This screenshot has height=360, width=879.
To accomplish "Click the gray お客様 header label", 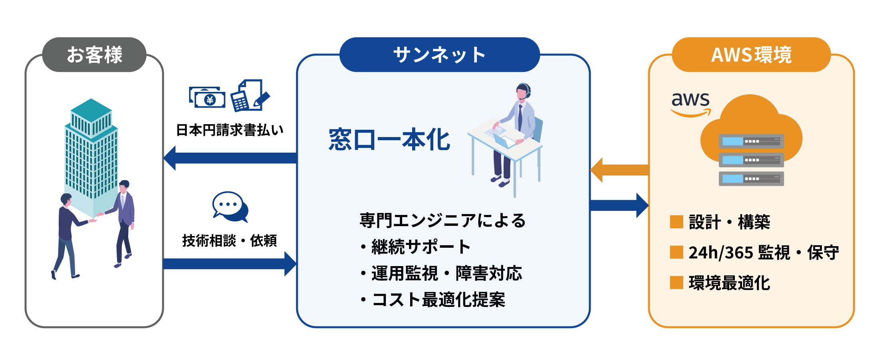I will pyautogui.click(x=94, y=55).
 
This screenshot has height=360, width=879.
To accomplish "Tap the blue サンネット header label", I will pyautogui.click(x=439, y=55).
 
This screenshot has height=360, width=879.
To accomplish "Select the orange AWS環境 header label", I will pyautogui.click(x=751, y=55).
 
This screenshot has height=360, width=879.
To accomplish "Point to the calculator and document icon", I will pyautogui.click(x=250, y=96).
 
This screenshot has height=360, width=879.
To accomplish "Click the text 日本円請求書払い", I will pyautogui.click(x=230, y=130).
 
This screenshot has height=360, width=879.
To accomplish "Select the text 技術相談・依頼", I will pyautogui.click(x=230, y=241).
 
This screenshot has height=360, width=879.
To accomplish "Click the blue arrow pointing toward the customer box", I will pyautogui.click(x=230, y=158).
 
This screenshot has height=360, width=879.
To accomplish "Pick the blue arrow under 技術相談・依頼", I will pyautogui.click(x=230, y=264).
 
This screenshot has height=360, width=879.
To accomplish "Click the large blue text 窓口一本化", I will pyautogui.click(x=389, y=140).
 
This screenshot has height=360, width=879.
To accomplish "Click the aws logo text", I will pyautogui.click(x=691, y=100).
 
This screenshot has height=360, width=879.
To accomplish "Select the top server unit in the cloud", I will pyautogui.click(x=751, y=141).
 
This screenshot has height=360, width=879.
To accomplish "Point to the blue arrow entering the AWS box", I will pyautogui.click(x=619, y=205).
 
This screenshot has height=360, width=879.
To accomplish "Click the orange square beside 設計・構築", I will pyautogui.click(x=677, y=222).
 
